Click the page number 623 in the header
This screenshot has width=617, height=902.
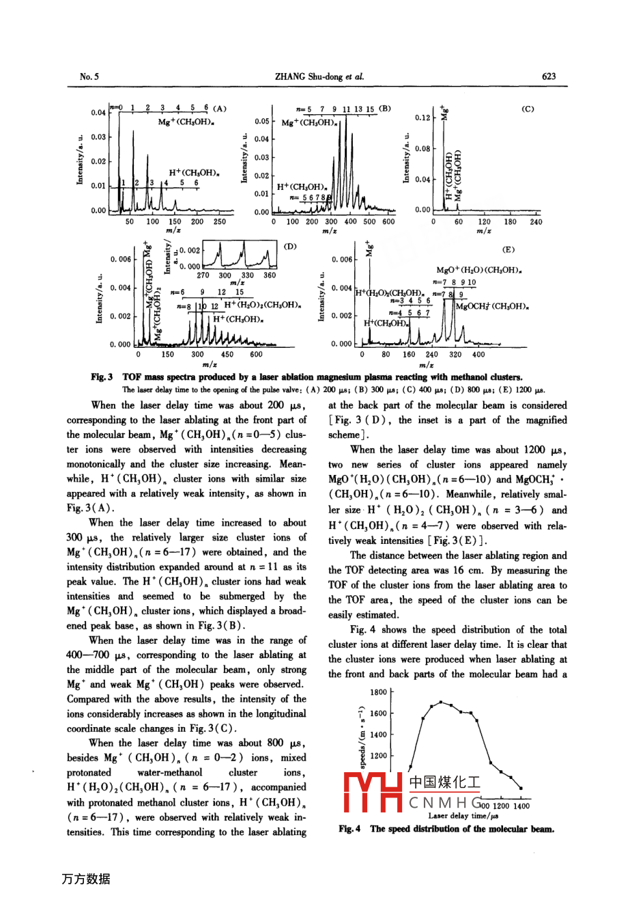[549, 77]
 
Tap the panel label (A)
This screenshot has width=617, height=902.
[219, 108]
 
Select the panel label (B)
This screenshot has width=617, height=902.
[385, 108]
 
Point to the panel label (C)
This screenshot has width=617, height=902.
[528, 109]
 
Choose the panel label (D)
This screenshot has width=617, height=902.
[290, 245]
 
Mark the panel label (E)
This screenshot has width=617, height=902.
[508, 249]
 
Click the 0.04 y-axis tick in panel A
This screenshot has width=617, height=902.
[98, 112]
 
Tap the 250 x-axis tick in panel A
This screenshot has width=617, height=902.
[219, 221]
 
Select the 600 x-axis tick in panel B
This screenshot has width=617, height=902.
[388, 221]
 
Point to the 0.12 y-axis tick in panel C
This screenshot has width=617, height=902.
[422, 118]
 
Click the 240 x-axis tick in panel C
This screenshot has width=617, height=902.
[536, 221]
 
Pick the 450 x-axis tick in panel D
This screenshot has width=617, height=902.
[227, 355]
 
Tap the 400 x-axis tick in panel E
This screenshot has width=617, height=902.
[478, 355]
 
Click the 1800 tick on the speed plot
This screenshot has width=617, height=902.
[378, 692]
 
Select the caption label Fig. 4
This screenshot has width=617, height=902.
[349, 829]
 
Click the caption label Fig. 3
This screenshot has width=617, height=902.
[102, 377]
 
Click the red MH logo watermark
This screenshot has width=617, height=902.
[374, 793]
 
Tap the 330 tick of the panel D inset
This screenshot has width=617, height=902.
[248, 275]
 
